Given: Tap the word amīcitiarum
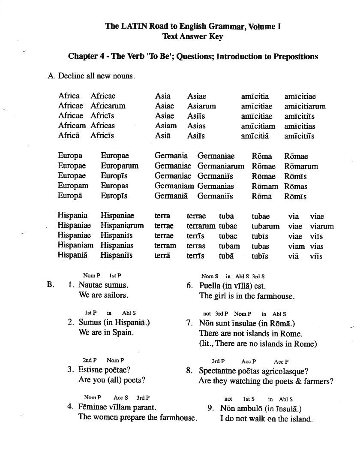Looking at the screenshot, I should pos(305,106).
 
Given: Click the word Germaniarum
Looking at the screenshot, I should pos(221,166).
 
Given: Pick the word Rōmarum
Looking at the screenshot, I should pos(301,166).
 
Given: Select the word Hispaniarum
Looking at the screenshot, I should pos(122,226).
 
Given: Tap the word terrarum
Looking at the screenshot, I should pos(201,226).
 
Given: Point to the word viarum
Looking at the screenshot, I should pos(322,226).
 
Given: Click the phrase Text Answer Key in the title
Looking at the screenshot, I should pos(192,36).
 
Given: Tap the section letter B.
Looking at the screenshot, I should pos(50,284).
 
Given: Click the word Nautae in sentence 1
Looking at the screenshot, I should pos(91,285).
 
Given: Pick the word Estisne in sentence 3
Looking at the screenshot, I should pos(92,369).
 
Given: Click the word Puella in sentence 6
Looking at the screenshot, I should pos(210,286).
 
